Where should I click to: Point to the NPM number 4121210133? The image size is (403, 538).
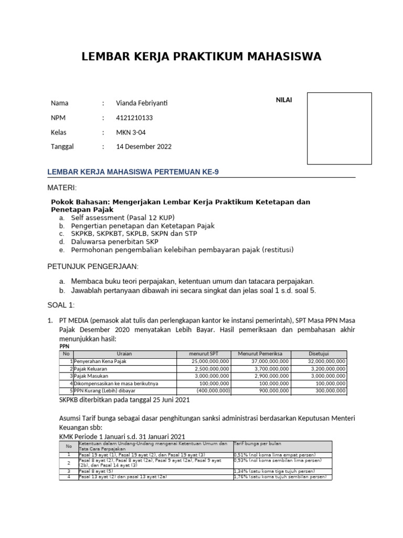134,118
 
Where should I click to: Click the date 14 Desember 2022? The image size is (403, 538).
144,147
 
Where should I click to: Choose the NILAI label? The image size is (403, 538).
284,100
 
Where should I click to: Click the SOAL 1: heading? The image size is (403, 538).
61,305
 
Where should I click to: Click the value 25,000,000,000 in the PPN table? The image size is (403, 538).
210,361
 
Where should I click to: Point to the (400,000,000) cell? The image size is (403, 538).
213,391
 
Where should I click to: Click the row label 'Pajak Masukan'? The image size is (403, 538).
93,376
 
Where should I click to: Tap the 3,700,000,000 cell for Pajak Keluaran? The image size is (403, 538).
269,369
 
